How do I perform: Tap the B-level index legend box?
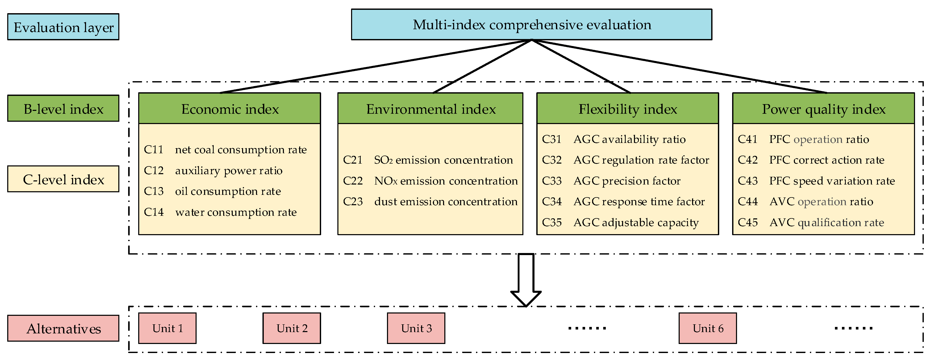tap(63, 108)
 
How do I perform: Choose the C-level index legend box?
tap(63, 179)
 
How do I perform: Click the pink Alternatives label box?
tap(63, 328)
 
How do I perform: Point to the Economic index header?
tap(230, 109)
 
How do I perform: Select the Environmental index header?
tap(430, 109)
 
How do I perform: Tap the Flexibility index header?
tap(627, 109)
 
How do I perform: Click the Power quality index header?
tap(824, 109)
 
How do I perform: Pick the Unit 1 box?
tap(167, 328)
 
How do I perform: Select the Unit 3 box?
tap(416, 328)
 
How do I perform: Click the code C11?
tap(153, 149)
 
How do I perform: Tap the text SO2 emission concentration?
tap(443, 160)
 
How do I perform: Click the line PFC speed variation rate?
tap(832, 181)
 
